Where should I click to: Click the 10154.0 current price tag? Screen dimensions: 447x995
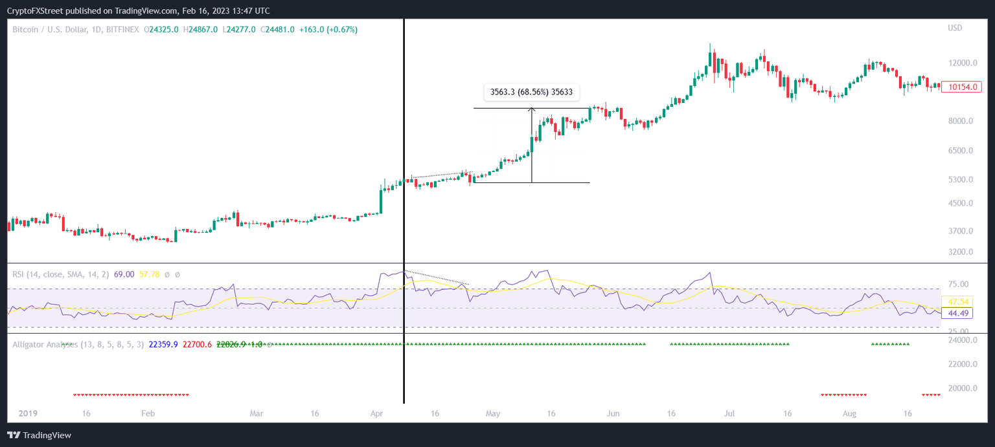click(x=961, y=87)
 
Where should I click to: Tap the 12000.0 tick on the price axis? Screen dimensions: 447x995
click(x=961, y=63)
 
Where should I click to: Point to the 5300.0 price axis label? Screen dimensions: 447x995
click(x=961, y=179)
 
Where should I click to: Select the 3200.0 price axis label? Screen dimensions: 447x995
click(x=961, y=252)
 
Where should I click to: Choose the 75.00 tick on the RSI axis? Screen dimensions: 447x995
click(x=959, y=284)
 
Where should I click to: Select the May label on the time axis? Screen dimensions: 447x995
click(x=493, y=413)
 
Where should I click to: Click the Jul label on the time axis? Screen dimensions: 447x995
click(x=729, y=413)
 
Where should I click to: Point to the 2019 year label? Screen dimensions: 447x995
click(x=29, y=413)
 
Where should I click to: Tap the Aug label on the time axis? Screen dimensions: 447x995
click(x=849, y=413)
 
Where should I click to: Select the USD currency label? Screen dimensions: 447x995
click(x=955, y=28)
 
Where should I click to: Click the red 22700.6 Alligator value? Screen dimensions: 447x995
click(x=198, y=345)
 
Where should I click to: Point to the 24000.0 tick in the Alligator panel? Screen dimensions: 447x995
click(x=961, y=340)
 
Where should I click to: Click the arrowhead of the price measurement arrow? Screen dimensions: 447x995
click(x=532, y=109)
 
